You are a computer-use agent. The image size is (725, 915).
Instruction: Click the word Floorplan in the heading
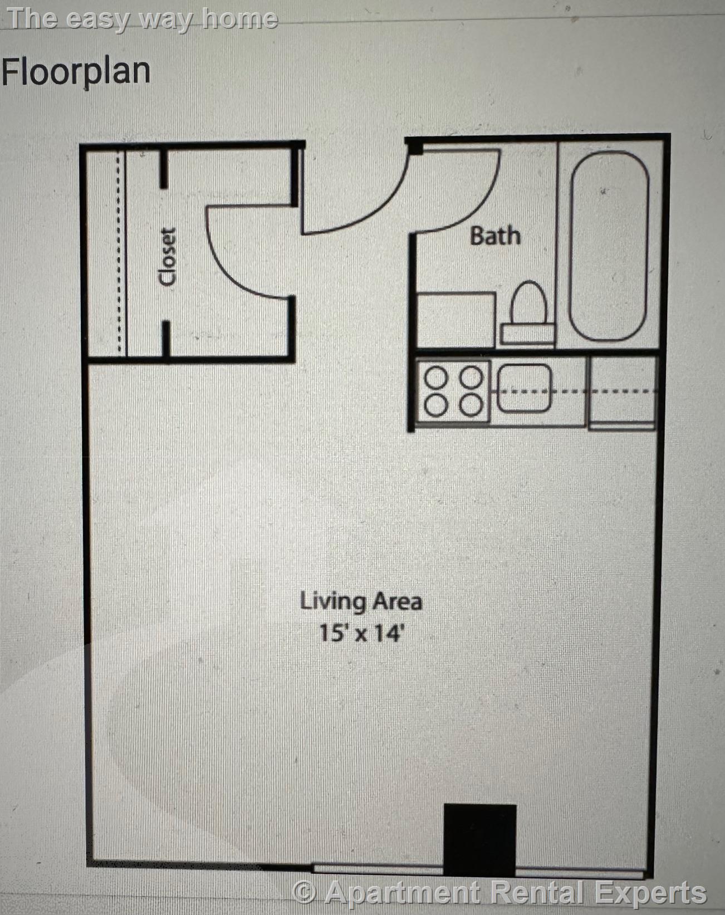point(76,73)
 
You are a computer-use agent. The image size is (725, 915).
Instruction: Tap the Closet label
point(167,256)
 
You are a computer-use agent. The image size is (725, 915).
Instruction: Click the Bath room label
point(496,236)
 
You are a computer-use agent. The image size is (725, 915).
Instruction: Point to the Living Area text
point(361,602)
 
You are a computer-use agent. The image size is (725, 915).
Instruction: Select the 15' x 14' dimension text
point(361,633)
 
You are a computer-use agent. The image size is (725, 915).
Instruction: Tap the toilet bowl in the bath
point(528,302)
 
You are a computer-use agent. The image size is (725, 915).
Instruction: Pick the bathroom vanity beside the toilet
point(455,320)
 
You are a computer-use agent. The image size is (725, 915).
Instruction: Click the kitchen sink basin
point(525,388)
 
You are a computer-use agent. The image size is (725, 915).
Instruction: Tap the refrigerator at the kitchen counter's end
point(622,393)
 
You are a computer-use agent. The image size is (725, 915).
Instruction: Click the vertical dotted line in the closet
point(120,253)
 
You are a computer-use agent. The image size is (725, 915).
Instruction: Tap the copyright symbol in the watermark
point(305,892)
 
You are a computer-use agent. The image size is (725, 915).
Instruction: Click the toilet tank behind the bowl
point(527,334)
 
